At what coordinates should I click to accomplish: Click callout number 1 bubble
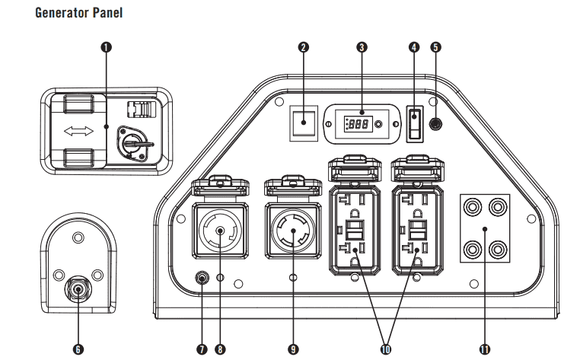106,46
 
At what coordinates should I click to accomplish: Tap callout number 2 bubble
304,46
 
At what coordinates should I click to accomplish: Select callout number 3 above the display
362,46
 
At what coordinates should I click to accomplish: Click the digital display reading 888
360,123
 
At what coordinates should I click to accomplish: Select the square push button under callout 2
304,122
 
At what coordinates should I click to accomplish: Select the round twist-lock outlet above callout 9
292,229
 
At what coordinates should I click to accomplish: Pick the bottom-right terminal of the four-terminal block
497,249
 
